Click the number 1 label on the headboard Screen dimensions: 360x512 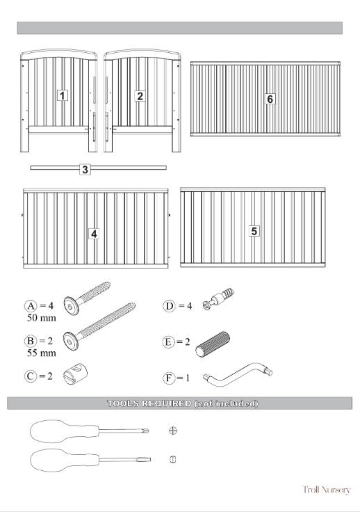(x=63, y=96)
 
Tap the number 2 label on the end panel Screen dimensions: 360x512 (x=140, y=96)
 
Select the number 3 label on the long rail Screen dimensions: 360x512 (x=85, y=170)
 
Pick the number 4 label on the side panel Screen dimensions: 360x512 (x=94, y=234)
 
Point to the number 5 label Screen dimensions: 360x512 (x=254, y=231)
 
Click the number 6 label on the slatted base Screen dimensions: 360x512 (x=270, y=99)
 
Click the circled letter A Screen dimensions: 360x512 (x=31, y=306)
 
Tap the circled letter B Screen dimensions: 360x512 (x=31, y=341)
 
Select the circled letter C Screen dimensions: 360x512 (x=31, y=376)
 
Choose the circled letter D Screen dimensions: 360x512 (x=169, y=306)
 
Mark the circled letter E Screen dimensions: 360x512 (x=168, y=342)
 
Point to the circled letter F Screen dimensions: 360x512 (x=169, y=378)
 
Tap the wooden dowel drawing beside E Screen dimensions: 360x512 (x=213, y=344)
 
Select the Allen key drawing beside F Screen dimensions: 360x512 (x=238, y=374)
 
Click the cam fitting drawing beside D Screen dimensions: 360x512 (x=218, y=298)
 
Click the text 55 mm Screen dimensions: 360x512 (x=42, y=353)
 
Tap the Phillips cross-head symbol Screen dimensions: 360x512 (x=173, y=431)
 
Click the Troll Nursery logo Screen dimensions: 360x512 (x=327, y=490)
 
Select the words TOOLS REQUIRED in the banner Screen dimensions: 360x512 (x=149, y=403)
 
